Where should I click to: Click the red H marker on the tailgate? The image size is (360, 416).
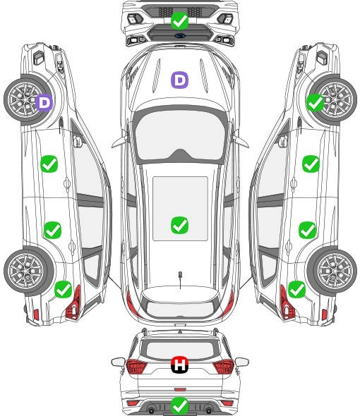click(179, 365)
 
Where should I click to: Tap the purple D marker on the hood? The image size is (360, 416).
click(179, 80)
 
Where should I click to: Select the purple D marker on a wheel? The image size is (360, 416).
click(44, 102)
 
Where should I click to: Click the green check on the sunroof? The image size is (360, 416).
click(179, 225)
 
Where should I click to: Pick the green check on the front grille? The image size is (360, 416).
click(179, 20)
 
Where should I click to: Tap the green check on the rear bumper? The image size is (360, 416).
click(179, 405)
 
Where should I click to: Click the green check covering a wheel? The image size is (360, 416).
click(315, 102)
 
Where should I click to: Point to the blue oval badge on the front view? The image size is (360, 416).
click(180, 36)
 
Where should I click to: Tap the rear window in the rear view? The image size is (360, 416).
click(180, 350)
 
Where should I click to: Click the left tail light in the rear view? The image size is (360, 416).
click(136, 367)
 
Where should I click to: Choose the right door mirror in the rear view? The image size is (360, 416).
click(241, 362)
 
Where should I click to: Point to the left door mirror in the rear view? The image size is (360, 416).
click(118, 362)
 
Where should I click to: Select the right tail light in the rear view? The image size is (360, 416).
click(224, 367)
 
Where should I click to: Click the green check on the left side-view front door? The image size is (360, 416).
click(49, 164)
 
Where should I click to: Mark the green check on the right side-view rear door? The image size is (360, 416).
click(307, 230)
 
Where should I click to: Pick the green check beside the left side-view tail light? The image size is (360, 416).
click(64, 289)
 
